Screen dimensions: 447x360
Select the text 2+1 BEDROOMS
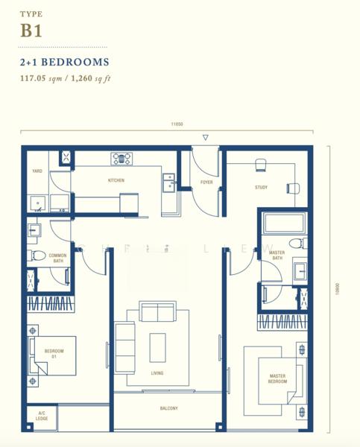pyautogui.click(x=65, y=63)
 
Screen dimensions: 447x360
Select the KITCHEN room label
pyautogui.click(x=116, y=180)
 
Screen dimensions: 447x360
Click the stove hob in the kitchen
pyautogui.click(x=121, y=158)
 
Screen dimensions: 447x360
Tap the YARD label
pyautogui.click(x=37, y=171)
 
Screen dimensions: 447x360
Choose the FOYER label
pyautogui.click(x=206, y=181)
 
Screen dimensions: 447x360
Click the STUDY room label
pyautogui.click(x=261, y=188)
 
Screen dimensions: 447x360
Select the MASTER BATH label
pyautogui.click(x=277, y=256)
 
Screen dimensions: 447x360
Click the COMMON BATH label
pyautogui.click(x=57, y=259)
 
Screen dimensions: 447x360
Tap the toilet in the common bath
pyautogui.click(x=34, y=256)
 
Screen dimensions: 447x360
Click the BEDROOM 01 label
pyautogui.click(x=54, y=354)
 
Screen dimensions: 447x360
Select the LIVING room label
pyautogui.click(x=157, y=373)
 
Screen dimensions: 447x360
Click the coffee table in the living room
pyautogui.click(x=157, y=346)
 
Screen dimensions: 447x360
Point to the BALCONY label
pyautogui.click(x=168, y=408)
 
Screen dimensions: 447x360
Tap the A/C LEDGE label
pyautogui.click(x=41, y=417)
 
